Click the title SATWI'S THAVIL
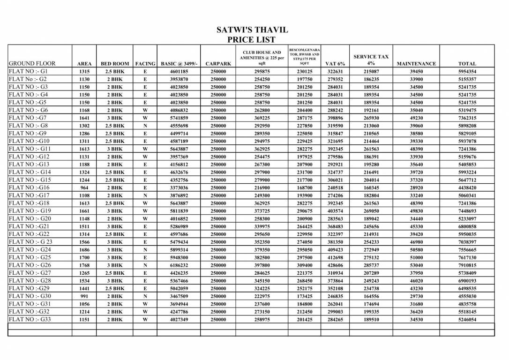click(x=252, y=30)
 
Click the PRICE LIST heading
click(x=252, y=40)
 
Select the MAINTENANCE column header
click(x=416, y=64)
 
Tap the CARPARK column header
click(x=218, y=64)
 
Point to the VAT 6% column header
click(x=335, y=64)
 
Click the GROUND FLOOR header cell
click(x=32, y=63)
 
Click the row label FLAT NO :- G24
click(x=30, y=250)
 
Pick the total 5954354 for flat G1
click(x=467, y=72)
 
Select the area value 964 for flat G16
click(x=84, y=188)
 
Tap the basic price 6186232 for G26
click(x=179, y=265)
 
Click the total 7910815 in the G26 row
click(x=467, y=265)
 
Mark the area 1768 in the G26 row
click(x=84, y=265)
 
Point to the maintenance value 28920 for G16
click(x=416, y=188)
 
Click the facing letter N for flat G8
click(x=145, y=126)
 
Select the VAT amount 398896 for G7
click(x=335, y=118)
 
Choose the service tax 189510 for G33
click(x=371, y=320)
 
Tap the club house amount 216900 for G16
click(x=262, y=188)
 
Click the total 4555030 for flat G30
click(x=467, y=296)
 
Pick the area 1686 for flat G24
click(x=84, y=250)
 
